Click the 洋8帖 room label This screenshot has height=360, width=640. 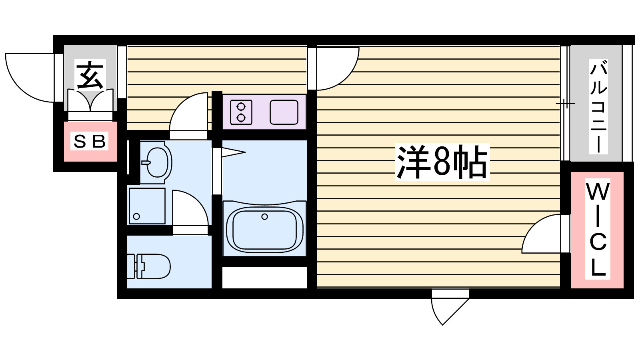click(x=442, y=162)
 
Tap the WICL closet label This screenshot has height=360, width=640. click(x=598, y=229)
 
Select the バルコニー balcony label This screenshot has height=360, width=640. click(x=598, y=107)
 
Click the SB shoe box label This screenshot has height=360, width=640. click(x=90, y=141)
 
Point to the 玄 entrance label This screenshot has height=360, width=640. click(x=90, y=75)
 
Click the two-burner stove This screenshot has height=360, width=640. click(x=241, y=112)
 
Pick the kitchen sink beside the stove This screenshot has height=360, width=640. click(x=284, y=112)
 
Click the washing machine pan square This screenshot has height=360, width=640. click(x=147, y=206)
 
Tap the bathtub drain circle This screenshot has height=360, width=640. click(x=264, y=217)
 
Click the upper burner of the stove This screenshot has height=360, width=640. click(x=241, y=107)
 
